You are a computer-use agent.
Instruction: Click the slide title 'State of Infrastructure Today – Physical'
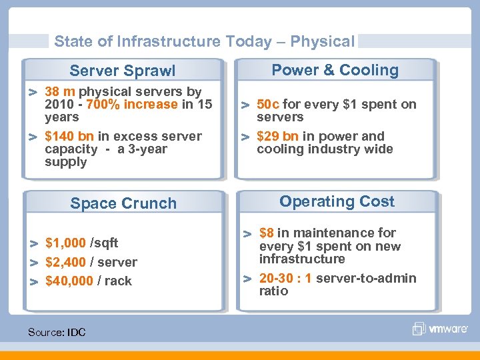pyautogui.click(x=204, y=41)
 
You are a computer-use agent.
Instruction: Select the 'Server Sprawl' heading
pyautogui.click(x=123, y=71)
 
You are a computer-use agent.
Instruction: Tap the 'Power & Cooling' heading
pyautogui.click(x=335, y=70)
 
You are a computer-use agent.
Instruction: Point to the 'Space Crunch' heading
pyautogui.click(x=123, y=203)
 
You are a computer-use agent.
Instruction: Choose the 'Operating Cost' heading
pyautogui.click(x=337, y=201)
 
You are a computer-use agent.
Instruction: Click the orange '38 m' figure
pyautogui.click(x=59, y=91)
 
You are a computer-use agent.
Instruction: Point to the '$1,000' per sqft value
pyautogui.click(x=65, y=243)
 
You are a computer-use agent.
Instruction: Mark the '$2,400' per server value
pyautogui.click(x=65, y=262)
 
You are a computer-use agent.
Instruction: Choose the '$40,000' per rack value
pyautogui.click(x=69, y=281)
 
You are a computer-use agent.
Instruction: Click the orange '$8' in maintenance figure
pyautogui.click(x=267, y=233)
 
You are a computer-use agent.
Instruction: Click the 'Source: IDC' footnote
pyautogui.click(x=57, y=331)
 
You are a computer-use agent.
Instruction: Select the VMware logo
pyautogui.click(x=437, y=328)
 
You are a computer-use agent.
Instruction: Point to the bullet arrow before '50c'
pyautogui.click(x=245, y=105)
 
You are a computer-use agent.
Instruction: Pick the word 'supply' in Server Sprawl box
pyautogui.click(x=65, y=162)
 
